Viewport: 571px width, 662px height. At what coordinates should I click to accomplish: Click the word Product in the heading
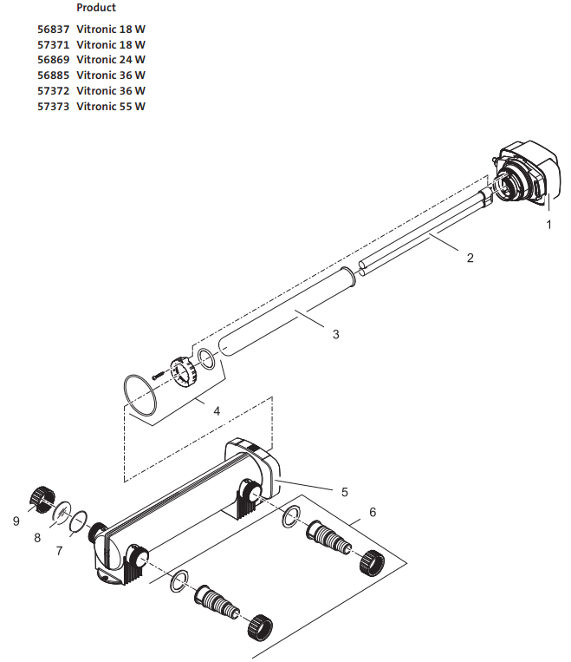click(x=96, y=8)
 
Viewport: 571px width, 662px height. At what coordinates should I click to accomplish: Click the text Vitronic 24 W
click(x=111, y=60)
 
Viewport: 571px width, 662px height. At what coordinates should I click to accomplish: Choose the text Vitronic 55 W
click(x=111, y=107)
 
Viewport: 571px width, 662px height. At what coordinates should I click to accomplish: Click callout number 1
click(x=548, y=224)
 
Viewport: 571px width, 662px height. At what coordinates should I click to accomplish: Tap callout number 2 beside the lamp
click(x=470, y=258)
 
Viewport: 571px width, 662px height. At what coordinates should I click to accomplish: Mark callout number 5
click(x=344, y=492)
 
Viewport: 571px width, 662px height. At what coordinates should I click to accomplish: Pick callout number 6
click(x=373, y=512)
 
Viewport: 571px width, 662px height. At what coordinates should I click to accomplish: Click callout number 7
click(x=59, y=550)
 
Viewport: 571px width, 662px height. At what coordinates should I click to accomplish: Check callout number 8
click(x=37, y=538)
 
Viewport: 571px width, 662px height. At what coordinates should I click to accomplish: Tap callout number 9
click(x=16, y=521)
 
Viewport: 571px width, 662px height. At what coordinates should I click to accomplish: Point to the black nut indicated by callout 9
click(x=40, y=498)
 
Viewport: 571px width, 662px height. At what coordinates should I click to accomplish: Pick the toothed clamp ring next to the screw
click(x=183, y=371)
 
